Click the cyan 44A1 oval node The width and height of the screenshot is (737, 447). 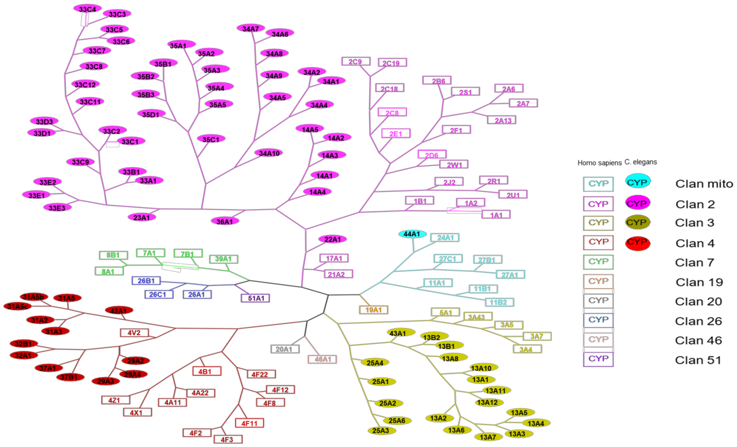(x=412, y=234)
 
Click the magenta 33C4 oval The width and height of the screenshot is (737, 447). (x=87, y=9)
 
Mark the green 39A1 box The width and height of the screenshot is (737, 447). (x=223, y=259)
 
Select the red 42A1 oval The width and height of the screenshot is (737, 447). (x=119, y=310)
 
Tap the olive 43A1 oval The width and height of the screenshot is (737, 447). (x=401, y=333)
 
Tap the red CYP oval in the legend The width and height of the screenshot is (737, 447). (x=637, y=242)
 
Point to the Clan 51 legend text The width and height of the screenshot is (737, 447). (x=698, y=360)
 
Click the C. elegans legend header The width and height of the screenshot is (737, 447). (x=641, y=162)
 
